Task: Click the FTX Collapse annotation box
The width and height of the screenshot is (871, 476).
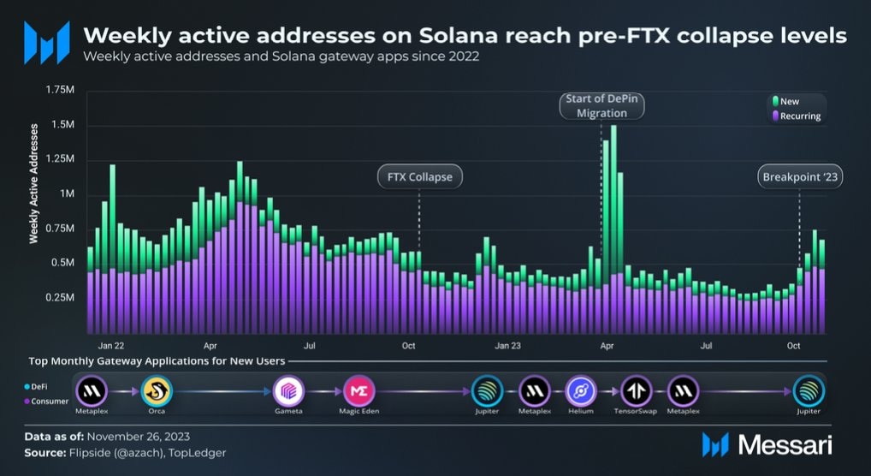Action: pos(419,177)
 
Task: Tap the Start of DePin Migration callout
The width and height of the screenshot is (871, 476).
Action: pos(601,106)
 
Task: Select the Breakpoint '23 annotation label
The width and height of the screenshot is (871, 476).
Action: pos(798,177)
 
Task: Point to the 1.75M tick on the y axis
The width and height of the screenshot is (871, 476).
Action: pos(61,90)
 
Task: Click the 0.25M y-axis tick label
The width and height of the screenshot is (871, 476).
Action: pos(61,298)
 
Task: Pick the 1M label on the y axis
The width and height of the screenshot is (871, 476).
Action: pos(68,194)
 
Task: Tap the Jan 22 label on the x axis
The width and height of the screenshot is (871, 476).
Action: pos(111,346)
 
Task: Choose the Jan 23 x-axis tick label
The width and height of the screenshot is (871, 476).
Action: pos(508,346)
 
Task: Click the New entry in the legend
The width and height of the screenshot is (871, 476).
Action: pos(788,102)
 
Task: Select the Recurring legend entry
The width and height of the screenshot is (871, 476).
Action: pos(798,116)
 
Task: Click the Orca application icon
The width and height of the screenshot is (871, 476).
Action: pos(157,391)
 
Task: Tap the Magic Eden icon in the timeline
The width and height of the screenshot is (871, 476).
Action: pos(358,391)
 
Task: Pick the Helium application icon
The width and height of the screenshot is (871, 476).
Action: pos(582,391)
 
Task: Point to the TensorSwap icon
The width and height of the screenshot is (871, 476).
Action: pos(637,391)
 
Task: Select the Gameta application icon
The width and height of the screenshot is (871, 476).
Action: pos(288,391)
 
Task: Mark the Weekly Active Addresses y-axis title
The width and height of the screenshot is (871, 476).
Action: pos(34,183)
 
